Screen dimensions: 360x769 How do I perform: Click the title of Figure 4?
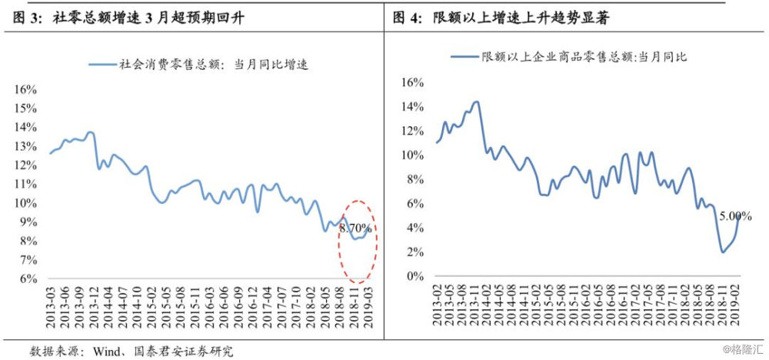[x=501, y=18]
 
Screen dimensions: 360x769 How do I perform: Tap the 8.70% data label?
[x=356, y=228]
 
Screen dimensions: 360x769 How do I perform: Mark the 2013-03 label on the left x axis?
[x=51, y=308]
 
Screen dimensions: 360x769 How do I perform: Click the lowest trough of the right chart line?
[x=724, y=252]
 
